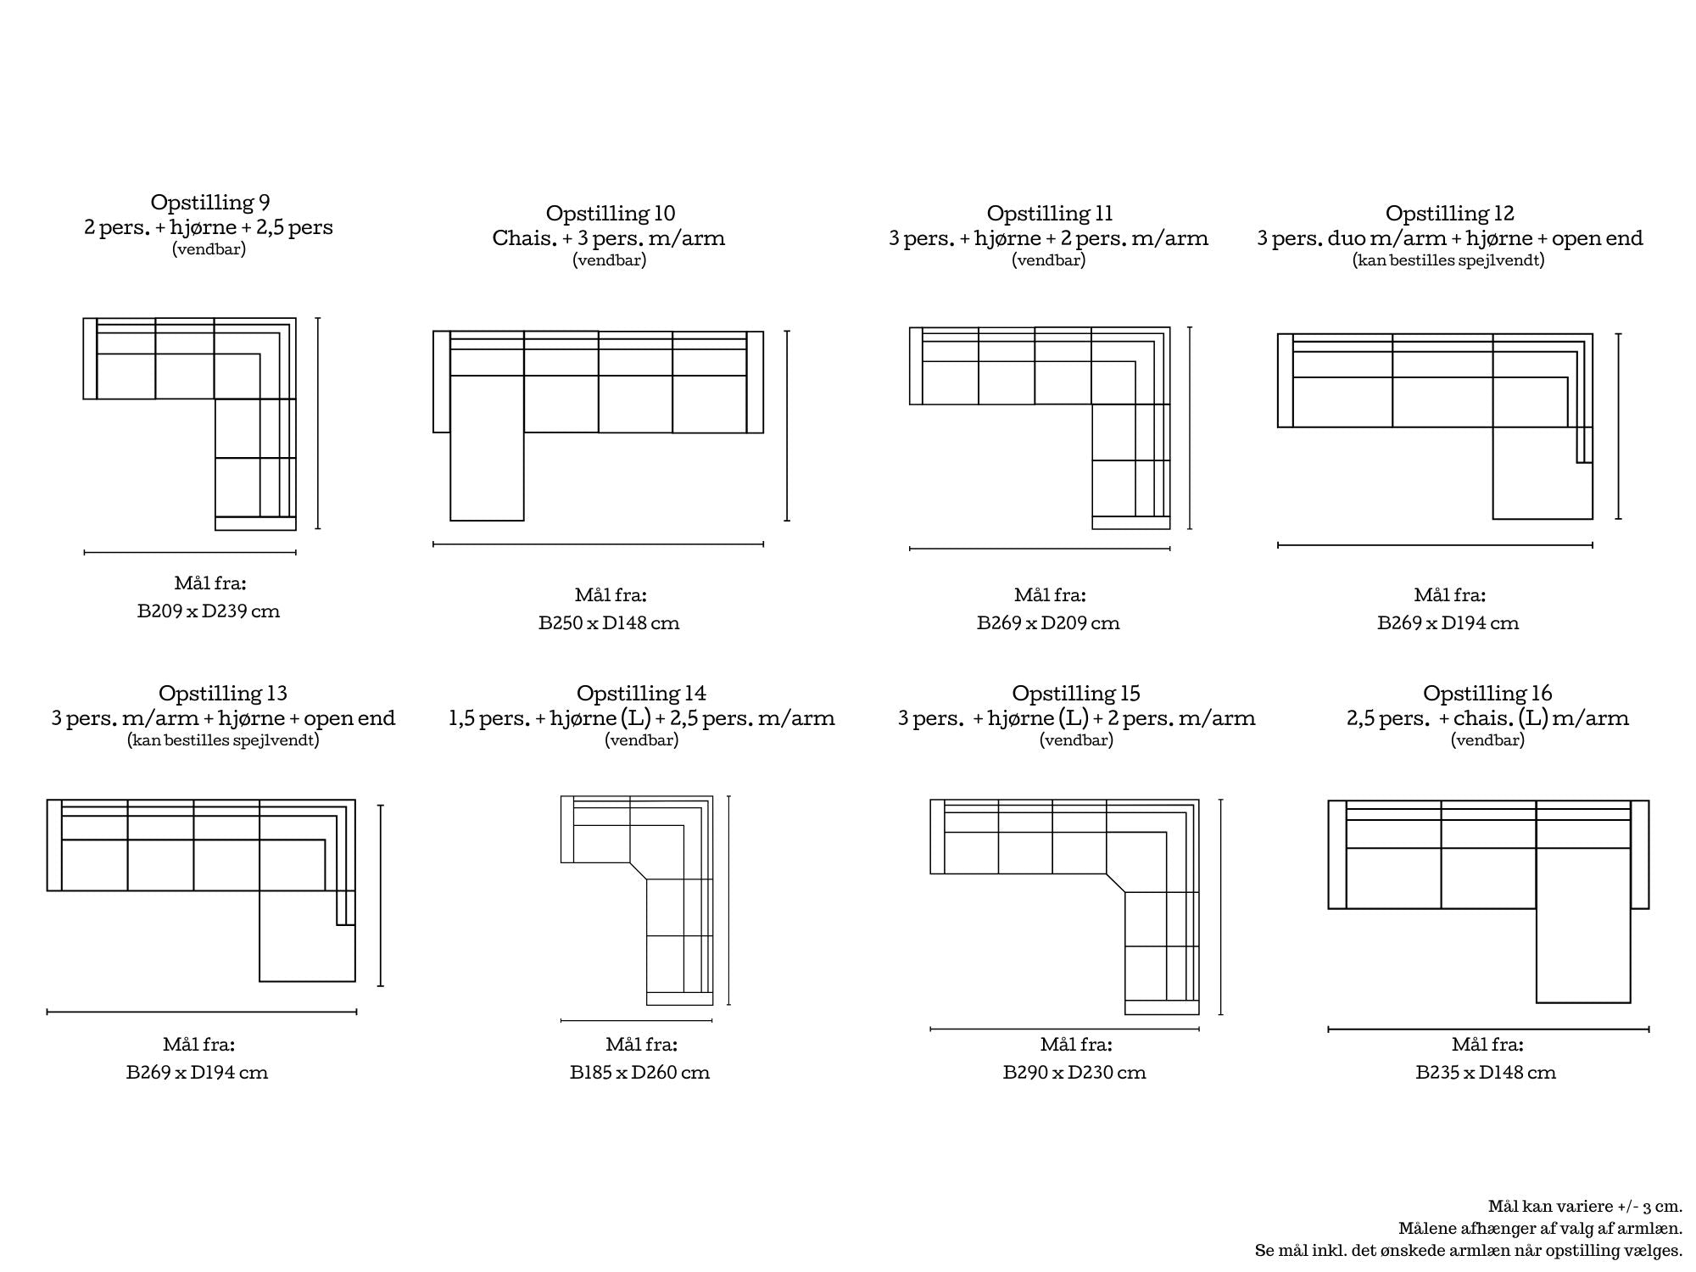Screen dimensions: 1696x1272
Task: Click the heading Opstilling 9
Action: [x=210, y=203]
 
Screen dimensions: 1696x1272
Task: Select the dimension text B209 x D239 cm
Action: [x=209, y=611]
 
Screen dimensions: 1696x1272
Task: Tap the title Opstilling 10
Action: [x=610, y=214]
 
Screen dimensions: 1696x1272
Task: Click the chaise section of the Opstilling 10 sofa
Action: [x=487, y=448]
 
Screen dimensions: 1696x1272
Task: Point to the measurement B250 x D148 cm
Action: [x=609, y=623]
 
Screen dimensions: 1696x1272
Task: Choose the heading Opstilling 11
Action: [x=1049, y=214]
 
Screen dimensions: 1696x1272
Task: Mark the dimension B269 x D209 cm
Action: [x=1048, y=623]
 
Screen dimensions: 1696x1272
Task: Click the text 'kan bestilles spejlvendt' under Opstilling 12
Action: [x=1448, y=260]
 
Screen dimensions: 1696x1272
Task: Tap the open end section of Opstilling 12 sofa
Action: [x=1543, y=472]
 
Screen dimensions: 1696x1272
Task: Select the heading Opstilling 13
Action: [x=223, y=694]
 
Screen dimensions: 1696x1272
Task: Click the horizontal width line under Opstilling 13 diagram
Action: [x=202, y=1012]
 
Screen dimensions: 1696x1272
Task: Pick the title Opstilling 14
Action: [x=641, y=694]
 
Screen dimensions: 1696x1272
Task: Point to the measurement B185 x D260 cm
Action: [x=639, y=1073]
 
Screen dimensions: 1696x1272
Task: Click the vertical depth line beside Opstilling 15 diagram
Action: [x=1220, y=907]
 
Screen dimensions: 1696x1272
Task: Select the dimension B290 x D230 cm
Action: [x=1074, y=1073]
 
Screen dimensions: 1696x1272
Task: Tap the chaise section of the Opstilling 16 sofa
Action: [x=1583, y=924]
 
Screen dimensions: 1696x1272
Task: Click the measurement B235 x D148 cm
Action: [x=1486, y=1073]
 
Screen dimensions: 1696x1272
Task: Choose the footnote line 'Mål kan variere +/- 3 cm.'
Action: [x=1585, y=1207]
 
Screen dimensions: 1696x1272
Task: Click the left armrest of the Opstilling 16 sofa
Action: [x=1337, y=855]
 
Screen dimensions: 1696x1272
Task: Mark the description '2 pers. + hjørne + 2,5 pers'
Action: [x=209, y=227]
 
